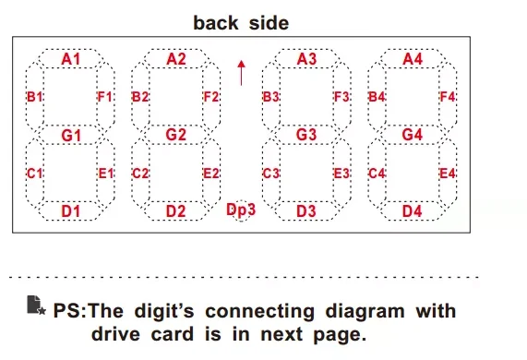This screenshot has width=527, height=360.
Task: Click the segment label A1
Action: (x=71, y=59)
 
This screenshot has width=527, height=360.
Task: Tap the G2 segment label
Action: (x=175, y=135)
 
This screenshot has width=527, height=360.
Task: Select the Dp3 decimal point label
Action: (x=241, y=210)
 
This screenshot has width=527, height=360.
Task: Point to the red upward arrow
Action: (x=241, y=73)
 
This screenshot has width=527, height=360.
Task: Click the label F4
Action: (x=448, y=97)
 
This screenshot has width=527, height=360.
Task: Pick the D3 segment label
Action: (x=306, y=211)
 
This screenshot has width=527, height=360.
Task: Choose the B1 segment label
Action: (x=35, y=97)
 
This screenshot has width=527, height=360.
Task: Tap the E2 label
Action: (x=211, y=174)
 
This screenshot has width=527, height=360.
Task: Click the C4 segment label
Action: (x=377, y=174)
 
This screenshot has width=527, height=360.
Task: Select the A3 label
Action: (x=306, y=59)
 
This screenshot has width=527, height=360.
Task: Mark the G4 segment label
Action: (x=412, y=135)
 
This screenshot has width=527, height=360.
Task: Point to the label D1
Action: (x=70, y=211)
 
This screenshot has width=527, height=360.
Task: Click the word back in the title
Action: (x=216, y=23)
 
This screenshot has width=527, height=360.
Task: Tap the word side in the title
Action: (x=269, y=23)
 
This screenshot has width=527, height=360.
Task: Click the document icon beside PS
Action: (x=36, y=306)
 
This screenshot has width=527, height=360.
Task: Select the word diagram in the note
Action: (x=365, y=312)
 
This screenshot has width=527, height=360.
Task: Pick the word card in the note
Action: (x=173, y=334)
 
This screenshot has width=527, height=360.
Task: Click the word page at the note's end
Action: (x=340, y=335)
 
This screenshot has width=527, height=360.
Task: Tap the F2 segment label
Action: (x=211, y=97)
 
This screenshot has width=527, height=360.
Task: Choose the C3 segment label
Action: (x=271, y=174)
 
